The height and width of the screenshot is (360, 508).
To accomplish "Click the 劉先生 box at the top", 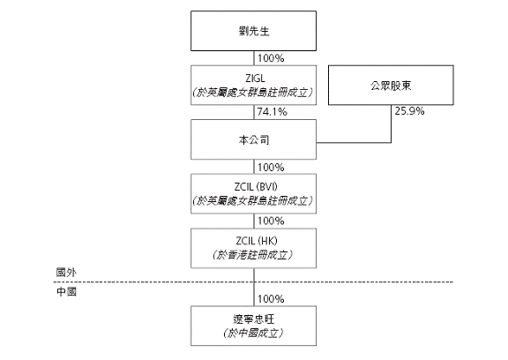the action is [253, 31].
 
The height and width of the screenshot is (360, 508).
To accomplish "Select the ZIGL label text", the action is [255, 79].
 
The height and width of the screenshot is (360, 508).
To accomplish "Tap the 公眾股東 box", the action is [391, 86].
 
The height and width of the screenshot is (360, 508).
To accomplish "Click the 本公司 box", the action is [253, 139].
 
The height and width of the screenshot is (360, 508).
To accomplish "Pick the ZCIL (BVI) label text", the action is [256, 187].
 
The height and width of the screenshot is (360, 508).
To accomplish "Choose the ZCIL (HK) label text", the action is [257, 241].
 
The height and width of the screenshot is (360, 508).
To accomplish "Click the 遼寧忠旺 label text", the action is [253, 319].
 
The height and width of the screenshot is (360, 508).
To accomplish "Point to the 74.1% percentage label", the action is [273, 112].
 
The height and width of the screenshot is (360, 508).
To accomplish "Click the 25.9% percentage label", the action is [409, 111].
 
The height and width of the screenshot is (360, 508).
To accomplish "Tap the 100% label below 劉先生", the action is [271, 58].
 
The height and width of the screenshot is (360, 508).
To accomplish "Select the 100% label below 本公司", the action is [271, 168].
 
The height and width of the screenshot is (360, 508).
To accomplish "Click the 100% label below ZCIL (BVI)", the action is [271, 221].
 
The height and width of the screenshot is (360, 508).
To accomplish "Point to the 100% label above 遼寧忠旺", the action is [271, 299].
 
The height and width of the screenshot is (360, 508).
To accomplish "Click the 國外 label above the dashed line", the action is [66, 273].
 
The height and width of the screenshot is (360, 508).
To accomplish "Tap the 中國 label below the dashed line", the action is [66, 292].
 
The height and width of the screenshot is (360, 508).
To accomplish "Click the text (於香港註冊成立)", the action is [253, 255].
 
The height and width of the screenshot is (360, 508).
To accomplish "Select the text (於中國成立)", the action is [253, 334].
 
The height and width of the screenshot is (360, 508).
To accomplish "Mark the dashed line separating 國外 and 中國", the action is [253, 281].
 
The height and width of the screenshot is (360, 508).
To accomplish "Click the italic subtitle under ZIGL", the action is [253, 93].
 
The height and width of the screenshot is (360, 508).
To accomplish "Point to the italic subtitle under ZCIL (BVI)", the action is [253, 201].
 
